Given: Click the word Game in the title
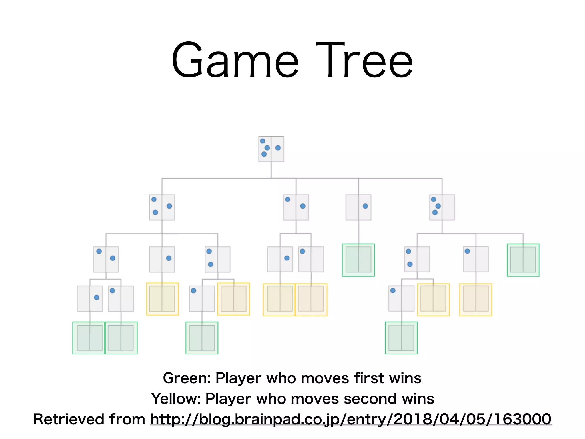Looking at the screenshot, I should (x=235, y=61).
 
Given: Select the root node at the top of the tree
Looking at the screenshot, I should (x=271, y=149).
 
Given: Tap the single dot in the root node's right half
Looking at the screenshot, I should (x=278, y=148).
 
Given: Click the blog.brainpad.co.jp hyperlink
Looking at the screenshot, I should (x=350, y=419).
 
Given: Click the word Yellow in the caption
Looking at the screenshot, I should (x=176, y=399).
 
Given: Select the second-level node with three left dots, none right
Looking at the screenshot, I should (x=442, y=207).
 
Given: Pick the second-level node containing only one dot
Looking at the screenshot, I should (x=358, y=207).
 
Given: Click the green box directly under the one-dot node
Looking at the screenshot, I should (x=358, y=260).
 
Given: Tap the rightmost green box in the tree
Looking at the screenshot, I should (x=523, y=260).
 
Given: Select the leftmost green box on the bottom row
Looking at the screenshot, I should (x=89, y=338).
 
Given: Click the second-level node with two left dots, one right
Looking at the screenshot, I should (x=162, y=207).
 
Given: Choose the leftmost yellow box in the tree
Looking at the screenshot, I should (x=162, y=299).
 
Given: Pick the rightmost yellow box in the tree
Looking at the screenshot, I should (x=476, y=300).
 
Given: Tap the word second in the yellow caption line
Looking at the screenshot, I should (x=370, y=399).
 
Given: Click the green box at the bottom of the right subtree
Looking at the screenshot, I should (x=401, y=338).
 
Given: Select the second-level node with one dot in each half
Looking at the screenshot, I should (x=296, y=207).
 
